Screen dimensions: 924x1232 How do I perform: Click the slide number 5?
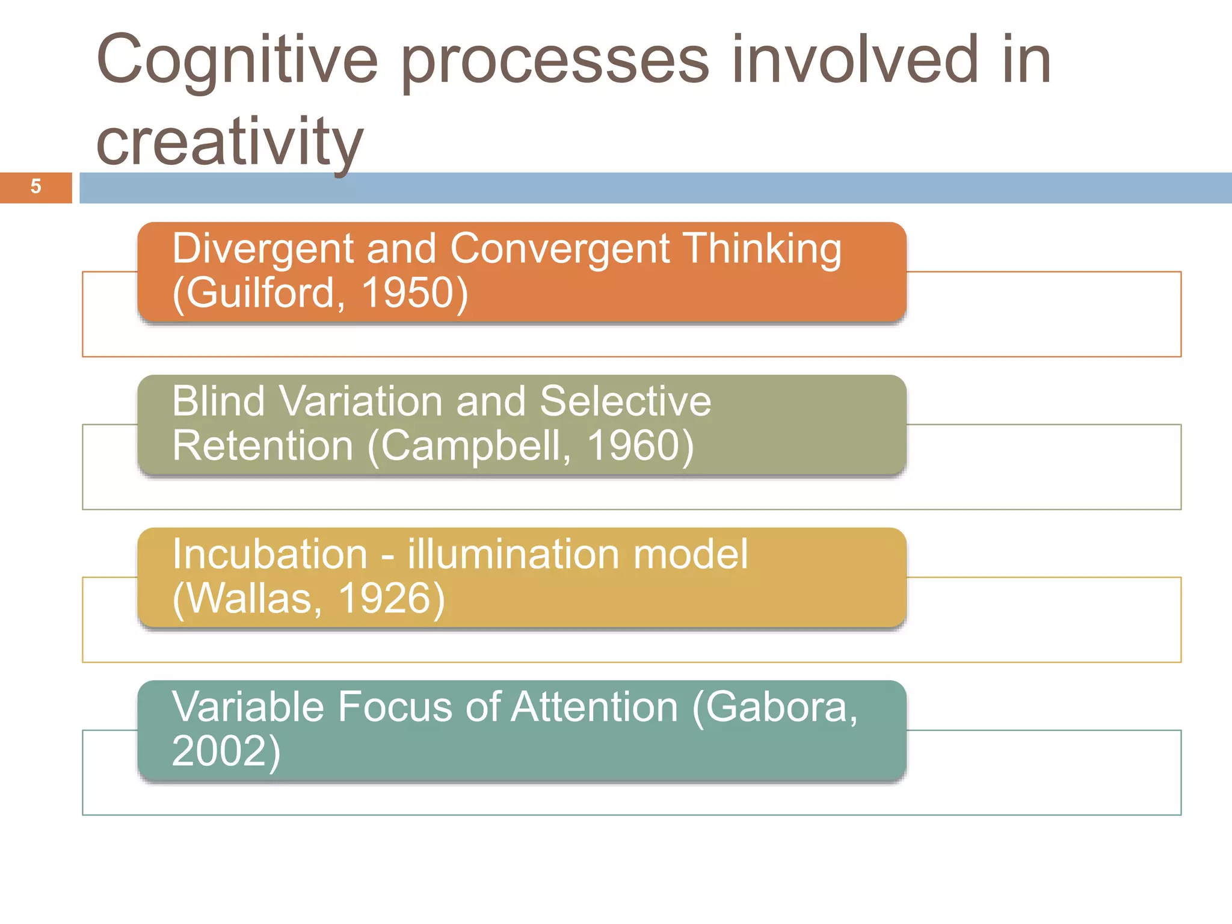point(35,186)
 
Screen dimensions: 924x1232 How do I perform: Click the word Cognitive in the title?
point(236,61)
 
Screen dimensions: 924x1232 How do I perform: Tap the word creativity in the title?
point(229,142)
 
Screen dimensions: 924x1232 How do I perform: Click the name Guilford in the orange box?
point(260,293)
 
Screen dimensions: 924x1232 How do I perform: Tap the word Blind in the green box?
point(218,401)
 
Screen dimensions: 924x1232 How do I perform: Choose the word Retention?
point(262,446)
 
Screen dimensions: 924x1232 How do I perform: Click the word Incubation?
point(269,554)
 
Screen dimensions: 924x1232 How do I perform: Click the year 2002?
point(220,751)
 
